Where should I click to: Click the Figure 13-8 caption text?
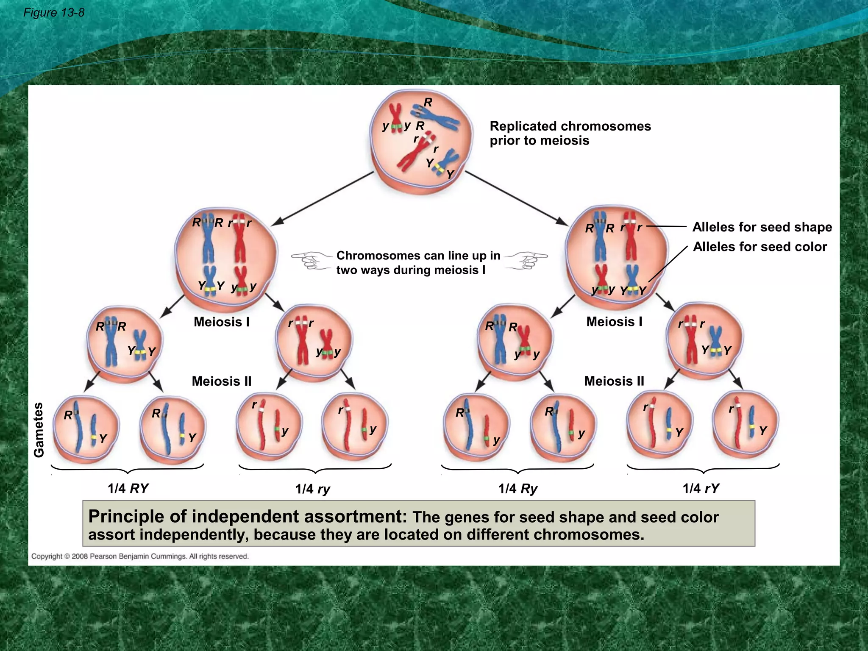click(54, 13)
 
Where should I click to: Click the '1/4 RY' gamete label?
click(128, 488)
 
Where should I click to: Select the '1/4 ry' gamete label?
click(313, 489)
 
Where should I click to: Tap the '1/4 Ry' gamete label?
click(517, 489)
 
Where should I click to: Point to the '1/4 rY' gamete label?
click(701, 488)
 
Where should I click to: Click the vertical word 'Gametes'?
click(39, 430)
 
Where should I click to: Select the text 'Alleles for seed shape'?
click(762, 227)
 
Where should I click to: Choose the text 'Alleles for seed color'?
click(759, 247)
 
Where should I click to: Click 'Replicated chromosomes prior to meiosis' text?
click(570, 133)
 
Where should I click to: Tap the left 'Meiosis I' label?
click(222, 322)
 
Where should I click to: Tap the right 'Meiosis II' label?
click(614, 381)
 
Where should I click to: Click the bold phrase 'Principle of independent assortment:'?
click(247, 517)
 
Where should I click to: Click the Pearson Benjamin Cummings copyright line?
click(140, 556)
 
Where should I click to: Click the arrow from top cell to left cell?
click(322, 198)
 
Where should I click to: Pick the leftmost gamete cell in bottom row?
click(86, 428)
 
